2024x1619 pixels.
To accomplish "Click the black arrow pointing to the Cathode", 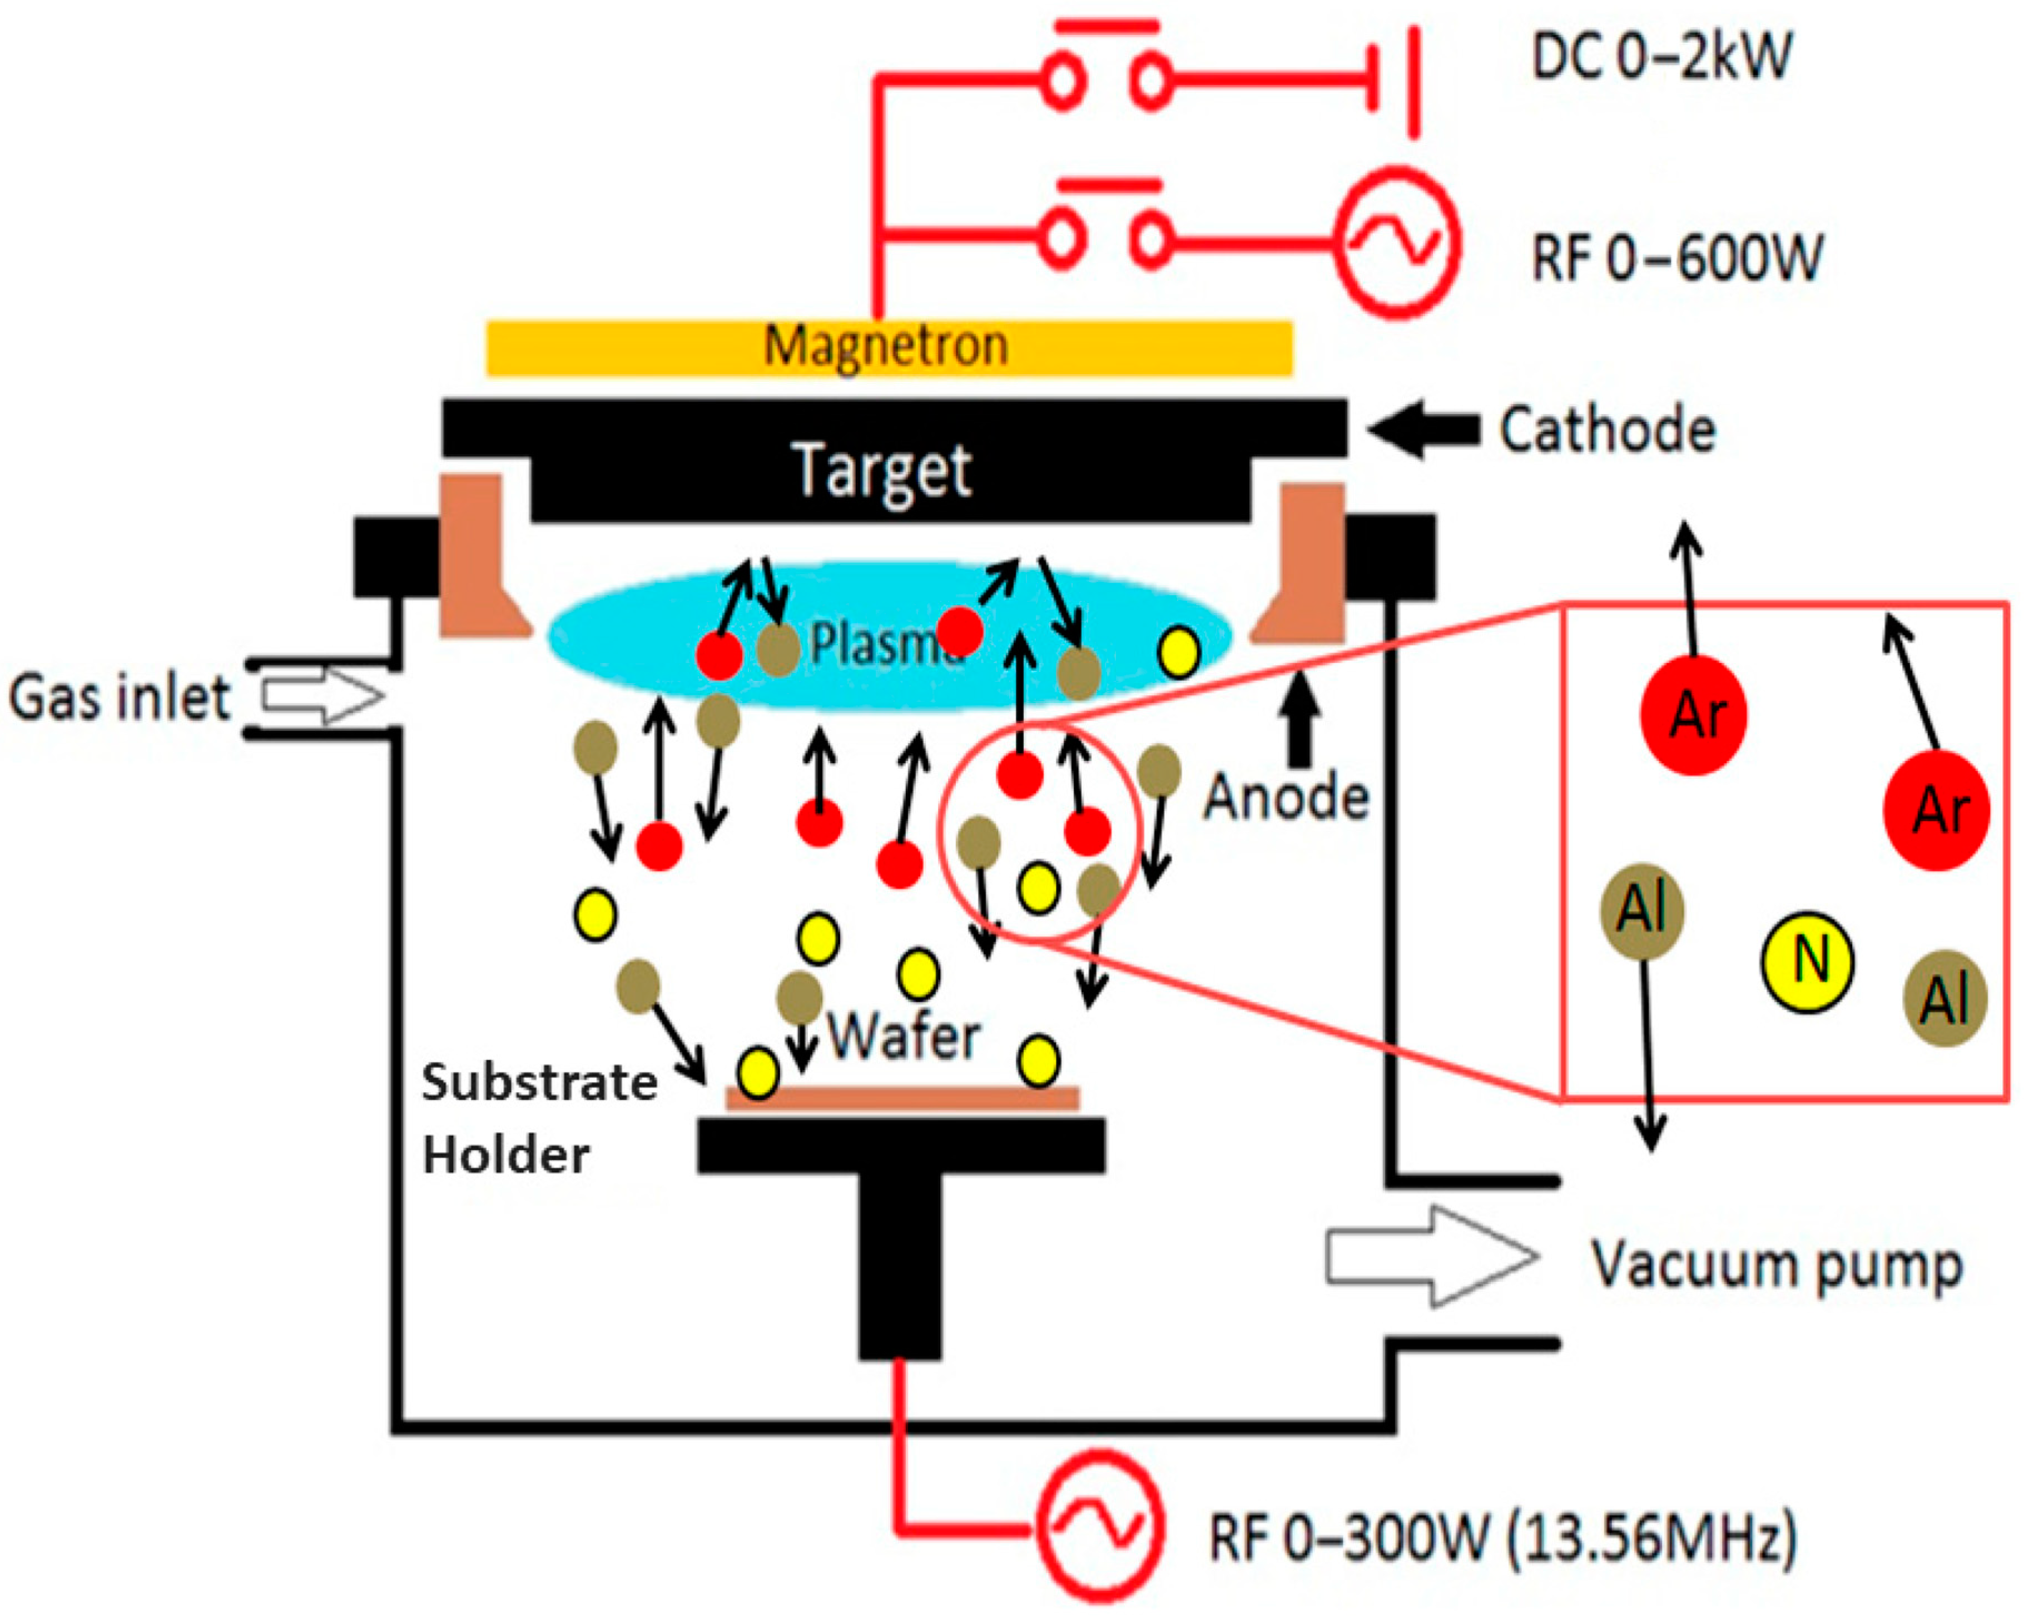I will point(1423,430).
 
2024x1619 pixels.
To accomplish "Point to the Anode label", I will point(1286,798).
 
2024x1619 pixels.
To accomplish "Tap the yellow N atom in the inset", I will point(1806,962).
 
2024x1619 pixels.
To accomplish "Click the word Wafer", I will point(903,1037).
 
